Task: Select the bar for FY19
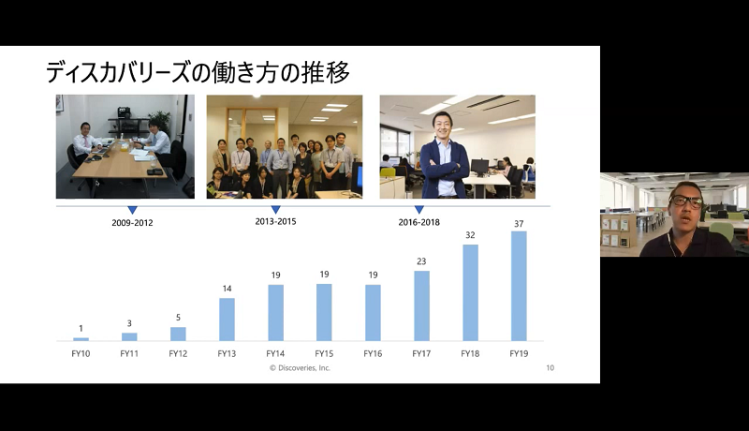click(519, 286)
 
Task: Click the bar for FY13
click(227, 320)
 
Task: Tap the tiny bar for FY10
click(81, 339)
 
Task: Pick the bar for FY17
click(421, 305)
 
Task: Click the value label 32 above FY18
click(470, 235)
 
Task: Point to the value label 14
click(227, 289)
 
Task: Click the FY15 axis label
click(324, 353)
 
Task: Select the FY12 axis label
click(178, 353)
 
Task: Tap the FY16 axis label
click(373, 353)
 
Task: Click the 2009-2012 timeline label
click(132, 223)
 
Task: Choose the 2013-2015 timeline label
click(275, 222)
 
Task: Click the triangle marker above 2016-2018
click(419, 210)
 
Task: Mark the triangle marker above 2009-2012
click(132, 210)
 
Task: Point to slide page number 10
click(550, 368)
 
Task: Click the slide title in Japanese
click(198, 73)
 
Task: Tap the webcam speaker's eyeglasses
click(685, 201)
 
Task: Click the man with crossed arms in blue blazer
click(444, 156)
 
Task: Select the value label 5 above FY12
click(178, 318)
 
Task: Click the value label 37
click(519, 224)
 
